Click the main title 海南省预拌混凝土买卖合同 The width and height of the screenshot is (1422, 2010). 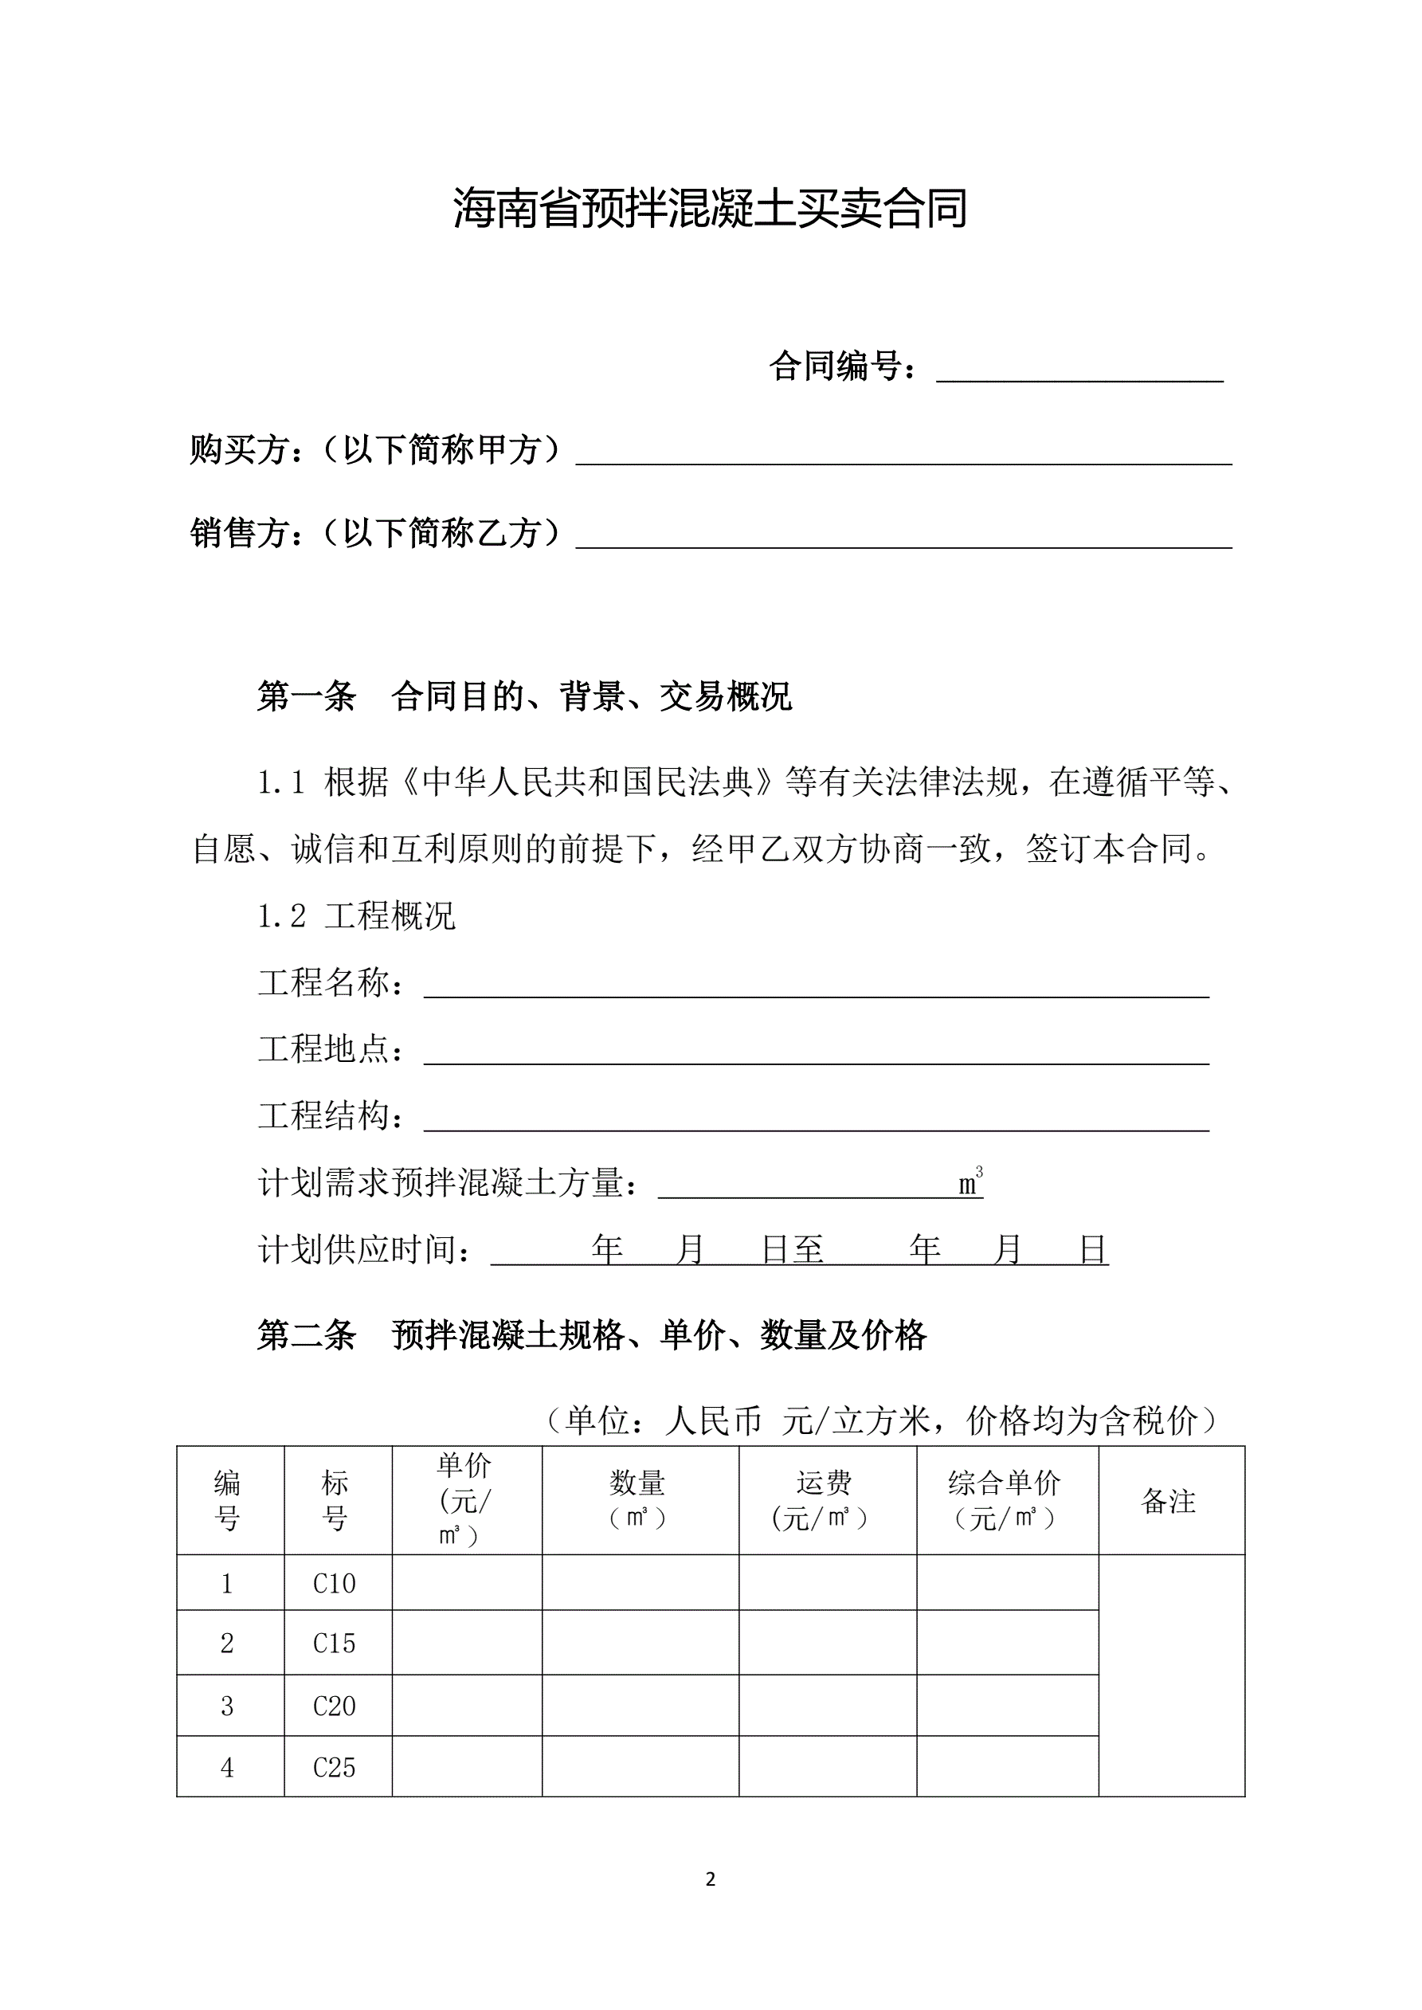(710, 210)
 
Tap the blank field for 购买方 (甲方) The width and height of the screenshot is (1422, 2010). (903, 452)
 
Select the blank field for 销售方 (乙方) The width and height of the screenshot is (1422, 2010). (903, 535)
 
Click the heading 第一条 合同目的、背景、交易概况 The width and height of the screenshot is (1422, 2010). (523, 697)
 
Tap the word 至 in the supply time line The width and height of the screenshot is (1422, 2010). (809, 1250)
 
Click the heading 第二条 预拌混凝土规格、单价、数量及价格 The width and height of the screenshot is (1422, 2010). (591, 1335)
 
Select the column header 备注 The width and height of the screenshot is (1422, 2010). (1169, 1502)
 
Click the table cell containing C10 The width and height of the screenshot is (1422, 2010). (335, 1584)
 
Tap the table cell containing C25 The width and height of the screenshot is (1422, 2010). (335, 1768)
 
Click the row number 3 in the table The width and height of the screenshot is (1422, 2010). (228, 1706)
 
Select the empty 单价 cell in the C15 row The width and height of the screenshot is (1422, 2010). (467, 1644)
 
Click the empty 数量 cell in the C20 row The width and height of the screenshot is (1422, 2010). (640, 1706)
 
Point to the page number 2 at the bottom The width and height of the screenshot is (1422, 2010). (710, 1879)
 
